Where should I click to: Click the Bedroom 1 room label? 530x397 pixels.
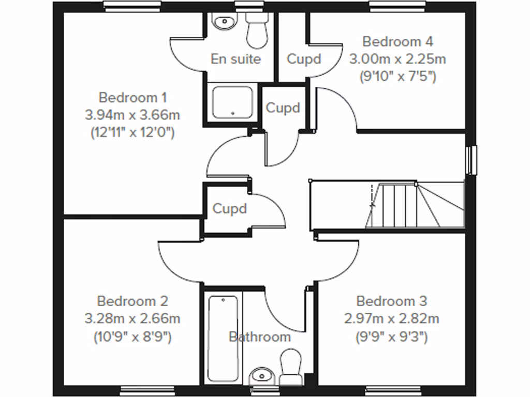132,97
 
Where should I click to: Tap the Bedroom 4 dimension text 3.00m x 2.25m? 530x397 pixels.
397,59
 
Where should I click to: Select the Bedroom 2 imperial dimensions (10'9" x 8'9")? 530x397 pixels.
132,337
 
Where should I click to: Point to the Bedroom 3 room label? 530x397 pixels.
392,300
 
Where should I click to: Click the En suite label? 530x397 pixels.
235,59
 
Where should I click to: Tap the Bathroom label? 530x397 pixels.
259,337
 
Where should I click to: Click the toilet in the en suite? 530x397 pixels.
256,29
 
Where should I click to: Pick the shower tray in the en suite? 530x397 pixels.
233,102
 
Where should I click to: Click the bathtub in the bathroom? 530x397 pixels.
223,337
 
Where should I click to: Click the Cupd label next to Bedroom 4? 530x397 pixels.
304,59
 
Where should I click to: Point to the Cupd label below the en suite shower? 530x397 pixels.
283,108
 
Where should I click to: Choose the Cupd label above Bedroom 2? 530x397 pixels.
229,209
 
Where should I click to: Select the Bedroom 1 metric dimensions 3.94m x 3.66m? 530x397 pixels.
132,114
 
